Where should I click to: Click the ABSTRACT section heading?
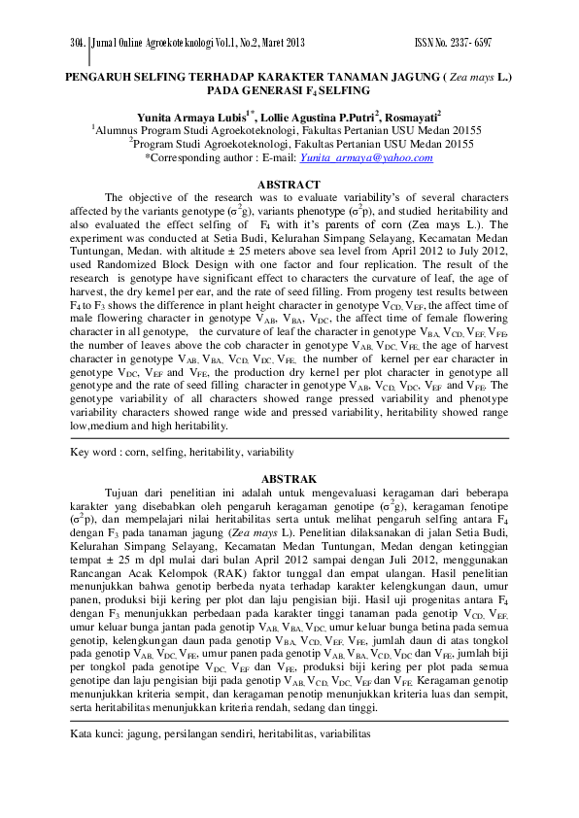coord(288,185)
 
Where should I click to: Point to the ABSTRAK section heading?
coord(289,479)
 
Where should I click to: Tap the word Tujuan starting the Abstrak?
coord(123,493)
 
